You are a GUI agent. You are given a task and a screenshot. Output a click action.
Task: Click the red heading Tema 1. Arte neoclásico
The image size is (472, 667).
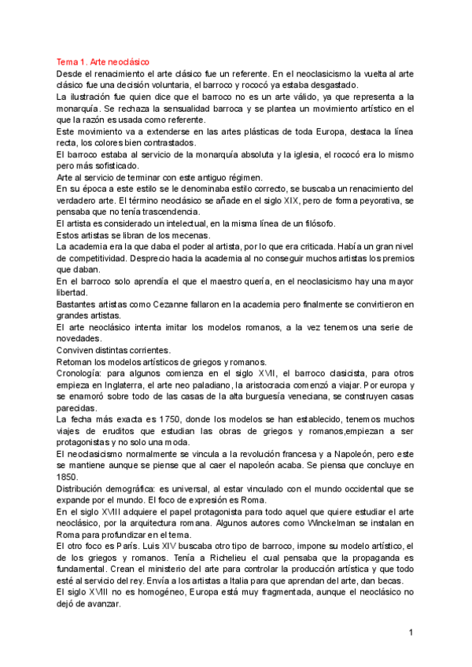[x=102, y=61]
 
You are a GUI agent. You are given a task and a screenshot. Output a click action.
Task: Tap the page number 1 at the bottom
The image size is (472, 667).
[x=411, y=632]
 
